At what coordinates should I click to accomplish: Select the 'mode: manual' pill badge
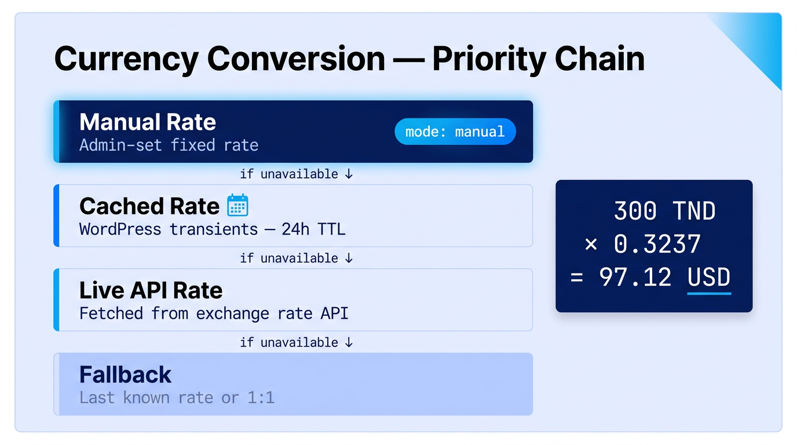pos(455,132)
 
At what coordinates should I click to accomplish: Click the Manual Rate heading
pos(148,122)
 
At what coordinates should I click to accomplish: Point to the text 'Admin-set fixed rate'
pos(169,145)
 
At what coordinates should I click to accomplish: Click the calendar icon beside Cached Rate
pos(237,206)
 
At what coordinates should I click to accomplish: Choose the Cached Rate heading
pos(149,206)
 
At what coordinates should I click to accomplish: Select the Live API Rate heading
pos(151,290)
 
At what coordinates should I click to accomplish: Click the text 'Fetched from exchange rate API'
pos(214,313)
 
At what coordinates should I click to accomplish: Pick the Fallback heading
pos(125,375)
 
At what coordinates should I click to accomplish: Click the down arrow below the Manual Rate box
pos(349,174)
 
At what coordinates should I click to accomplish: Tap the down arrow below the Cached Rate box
pos(349,258)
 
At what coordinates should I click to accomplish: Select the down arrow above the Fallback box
pos(349,343)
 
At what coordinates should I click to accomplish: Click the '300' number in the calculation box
pos(635,211)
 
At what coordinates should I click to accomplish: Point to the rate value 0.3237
pos(657,245)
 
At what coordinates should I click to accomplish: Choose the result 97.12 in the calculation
pos(635,278)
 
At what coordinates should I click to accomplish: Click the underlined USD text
pos(709,278)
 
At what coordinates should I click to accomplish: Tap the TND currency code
pos(694,211)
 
